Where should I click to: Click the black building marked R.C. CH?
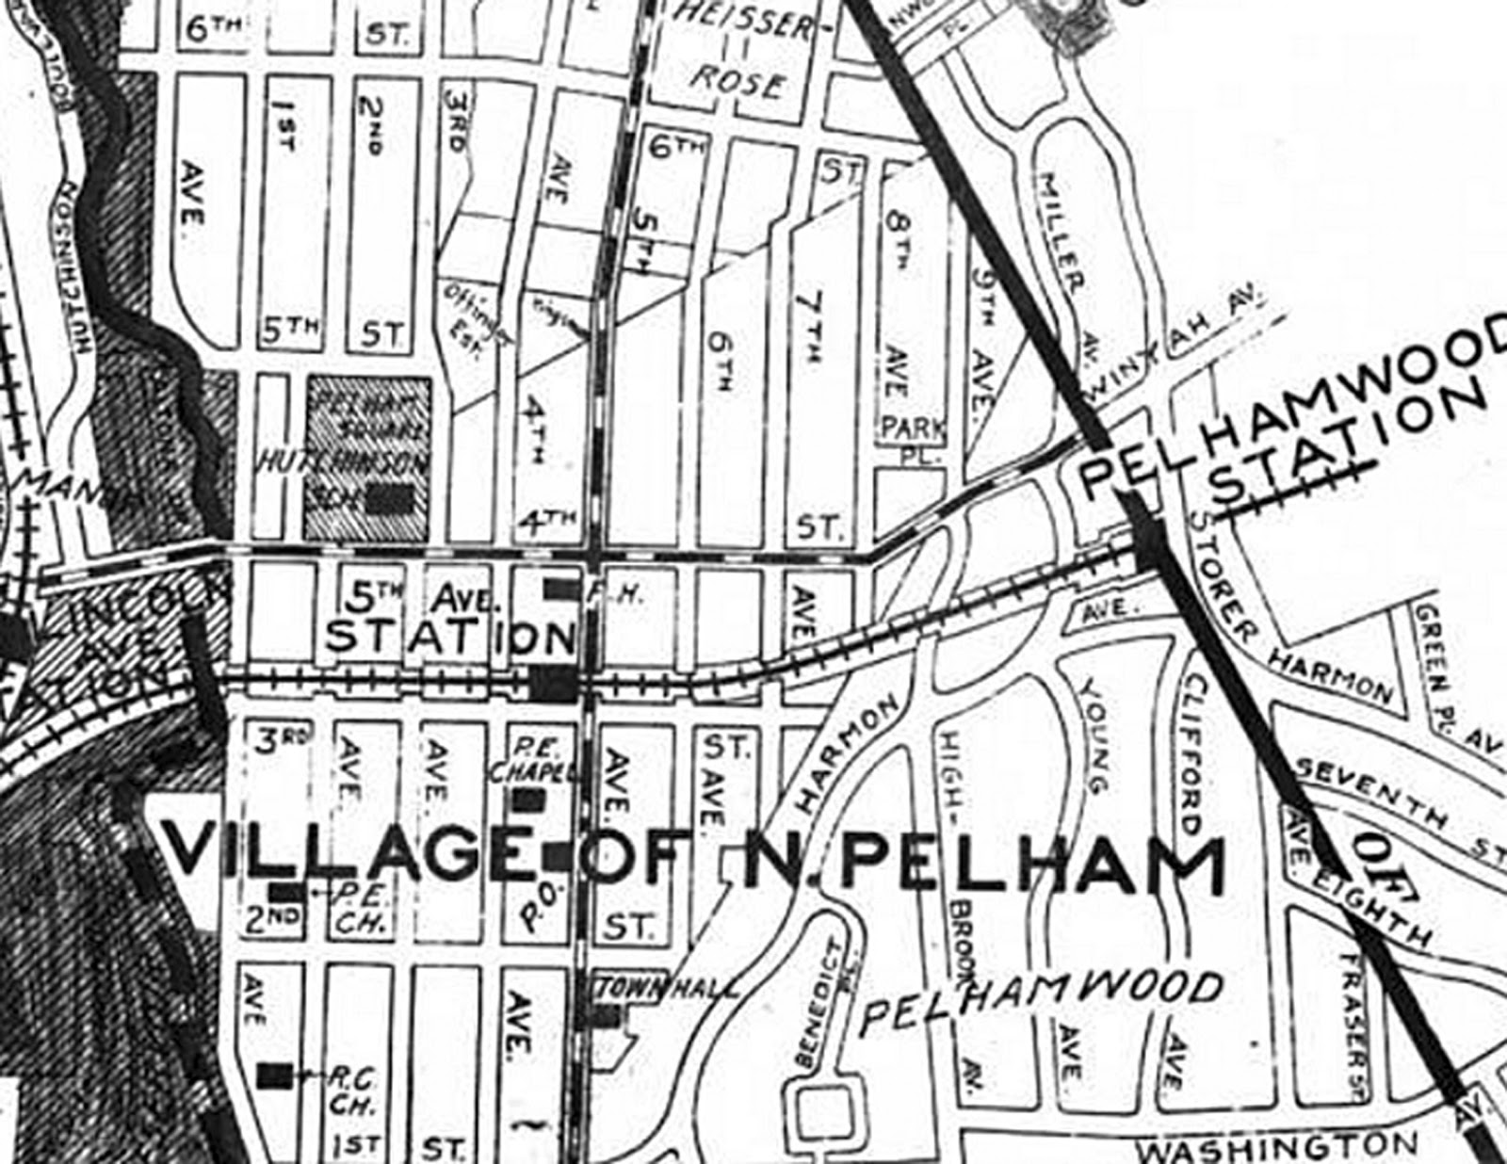coord(275,1073)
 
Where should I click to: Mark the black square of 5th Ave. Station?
coord(554,682)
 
